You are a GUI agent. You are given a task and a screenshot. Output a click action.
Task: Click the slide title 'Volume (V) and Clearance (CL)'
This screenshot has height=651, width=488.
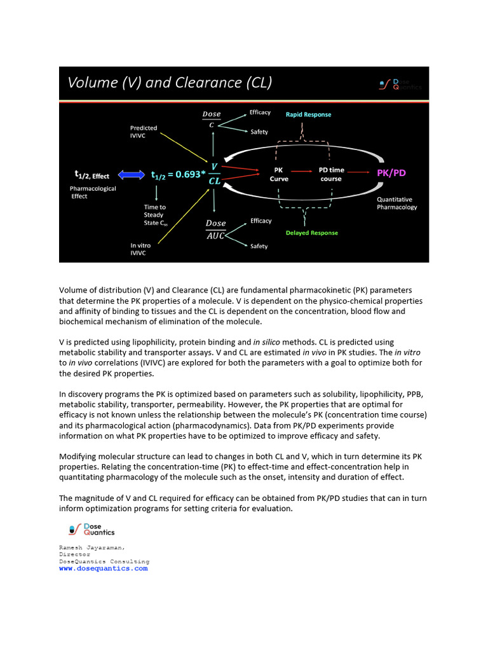(x=170, y=83)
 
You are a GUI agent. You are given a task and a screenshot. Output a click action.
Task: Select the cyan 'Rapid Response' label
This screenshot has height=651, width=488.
(x=308, y=114)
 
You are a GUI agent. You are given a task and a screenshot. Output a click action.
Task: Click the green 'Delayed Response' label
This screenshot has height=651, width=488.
(x=311, y=233)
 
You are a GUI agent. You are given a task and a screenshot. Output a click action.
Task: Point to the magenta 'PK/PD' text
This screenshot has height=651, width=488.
(x=392, y=173)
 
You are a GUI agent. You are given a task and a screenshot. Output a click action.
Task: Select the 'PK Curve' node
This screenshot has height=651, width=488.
(x=279, y=174)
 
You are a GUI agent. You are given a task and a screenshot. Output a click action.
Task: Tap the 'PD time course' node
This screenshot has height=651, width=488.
(x=330, y=174)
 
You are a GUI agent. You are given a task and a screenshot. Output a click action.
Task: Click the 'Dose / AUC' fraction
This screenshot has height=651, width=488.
(x=215, y=230)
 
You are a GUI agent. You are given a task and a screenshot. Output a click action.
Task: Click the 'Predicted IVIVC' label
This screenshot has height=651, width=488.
(x=144, y=132)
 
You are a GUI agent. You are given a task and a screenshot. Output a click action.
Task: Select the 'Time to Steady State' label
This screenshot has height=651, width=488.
(x=154, y=215)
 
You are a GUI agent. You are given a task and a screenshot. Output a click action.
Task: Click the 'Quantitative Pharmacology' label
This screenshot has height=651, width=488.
(x=397, y=203)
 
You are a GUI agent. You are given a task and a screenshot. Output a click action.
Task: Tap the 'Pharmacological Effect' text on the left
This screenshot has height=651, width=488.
(x=93, y=193)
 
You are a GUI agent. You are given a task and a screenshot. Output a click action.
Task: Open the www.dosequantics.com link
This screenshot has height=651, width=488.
(x=103, y=568)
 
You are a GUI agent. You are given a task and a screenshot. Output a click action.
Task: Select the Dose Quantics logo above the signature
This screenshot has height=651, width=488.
(x=91, y=529)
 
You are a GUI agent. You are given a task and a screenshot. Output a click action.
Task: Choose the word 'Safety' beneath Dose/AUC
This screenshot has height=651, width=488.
(x=259, y=246)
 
